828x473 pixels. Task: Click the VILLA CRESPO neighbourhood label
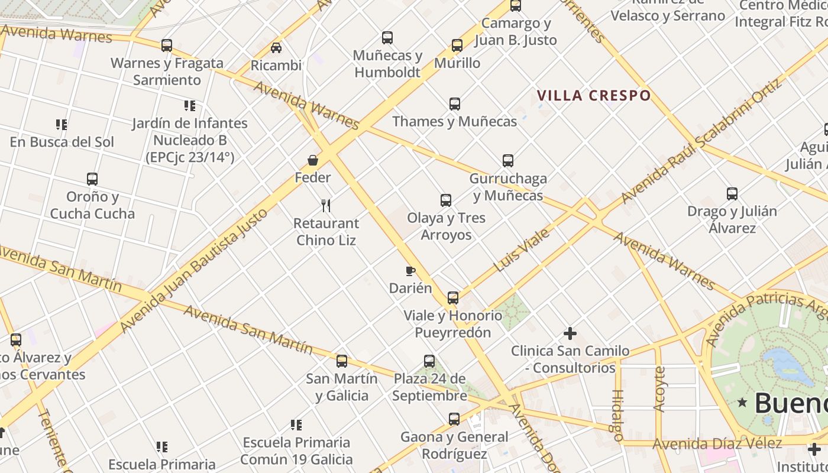593,95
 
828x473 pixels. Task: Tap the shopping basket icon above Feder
313,160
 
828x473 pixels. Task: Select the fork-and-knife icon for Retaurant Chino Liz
325,206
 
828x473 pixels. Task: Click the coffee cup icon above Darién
410,271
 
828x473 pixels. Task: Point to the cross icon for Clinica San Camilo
570,333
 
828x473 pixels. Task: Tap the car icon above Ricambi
276,48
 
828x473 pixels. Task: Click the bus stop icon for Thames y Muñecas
454,104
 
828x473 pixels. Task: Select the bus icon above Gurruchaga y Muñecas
507,160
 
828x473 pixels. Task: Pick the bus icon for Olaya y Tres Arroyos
446,200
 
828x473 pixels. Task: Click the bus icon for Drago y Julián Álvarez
732,193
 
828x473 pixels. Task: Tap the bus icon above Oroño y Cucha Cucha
92,179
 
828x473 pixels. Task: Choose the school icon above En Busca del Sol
62,125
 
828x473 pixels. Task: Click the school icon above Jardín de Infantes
189,106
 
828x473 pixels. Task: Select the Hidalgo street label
618,415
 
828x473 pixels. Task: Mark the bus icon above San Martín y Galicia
341,361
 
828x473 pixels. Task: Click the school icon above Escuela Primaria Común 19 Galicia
296,425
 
